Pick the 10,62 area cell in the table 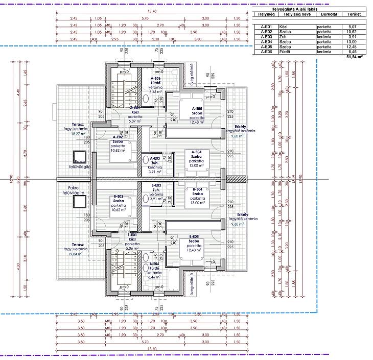tap(352, 31)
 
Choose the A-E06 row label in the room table tap(266, 52)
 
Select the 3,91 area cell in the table tap(352, 37)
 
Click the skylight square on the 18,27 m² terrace tap(79, 158)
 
